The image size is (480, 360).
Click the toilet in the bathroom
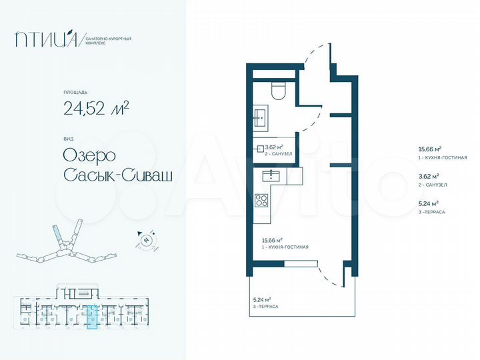point(279,91)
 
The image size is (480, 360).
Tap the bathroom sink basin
point(259,119)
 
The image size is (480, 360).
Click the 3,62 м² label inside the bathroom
point(275,147)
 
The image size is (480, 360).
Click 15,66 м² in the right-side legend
point(430,150)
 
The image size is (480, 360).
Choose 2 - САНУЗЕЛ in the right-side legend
point(433,185)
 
